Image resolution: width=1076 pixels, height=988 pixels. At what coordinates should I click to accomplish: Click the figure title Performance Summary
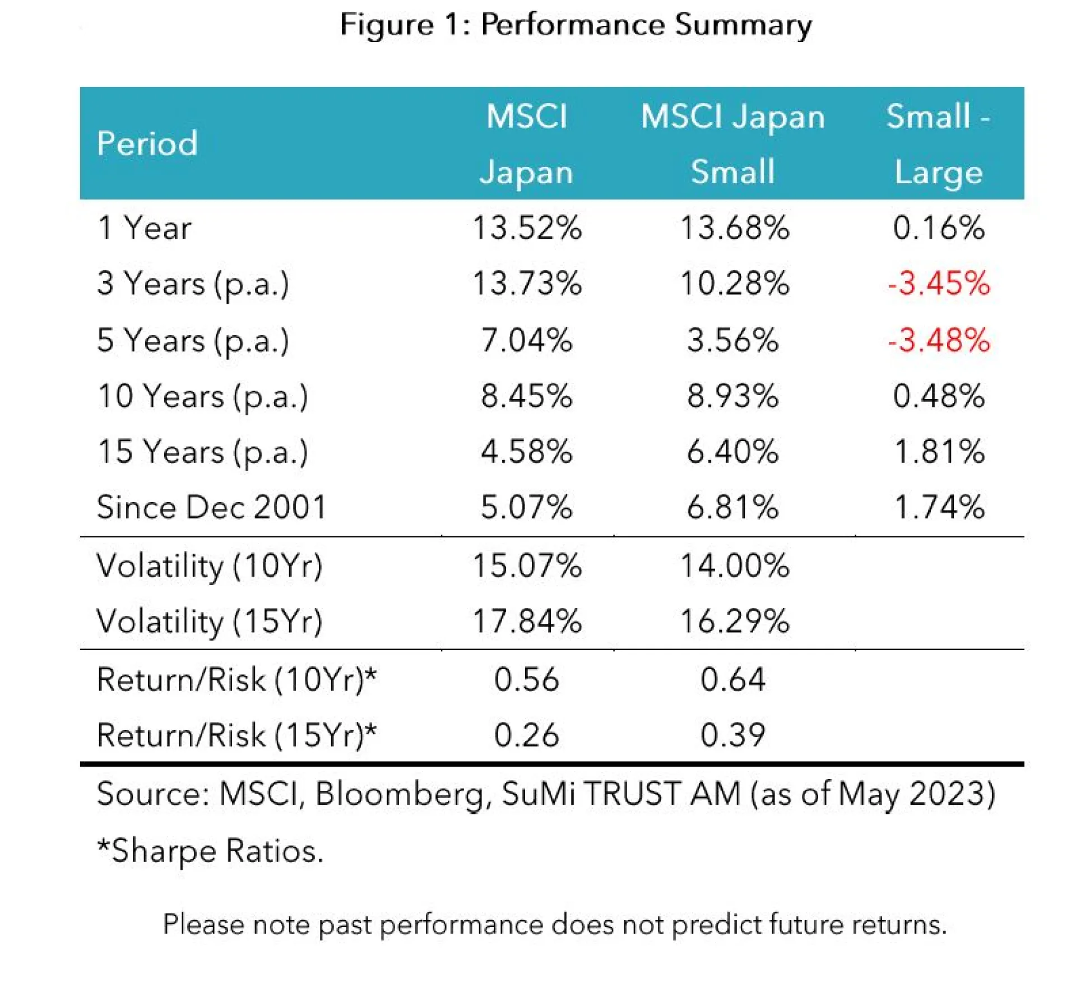point(576,25)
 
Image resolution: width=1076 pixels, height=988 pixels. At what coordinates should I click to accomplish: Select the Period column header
point(147,143)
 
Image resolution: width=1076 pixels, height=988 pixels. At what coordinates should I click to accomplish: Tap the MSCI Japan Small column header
point(732,144)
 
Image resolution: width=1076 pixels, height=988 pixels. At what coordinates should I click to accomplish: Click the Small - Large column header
point(939,144)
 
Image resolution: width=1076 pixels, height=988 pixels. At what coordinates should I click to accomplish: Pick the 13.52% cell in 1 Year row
point(527,228)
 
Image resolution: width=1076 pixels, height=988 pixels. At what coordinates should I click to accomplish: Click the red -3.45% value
point(939,284)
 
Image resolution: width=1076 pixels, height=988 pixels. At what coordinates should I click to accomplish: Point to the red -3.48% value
point(939,340)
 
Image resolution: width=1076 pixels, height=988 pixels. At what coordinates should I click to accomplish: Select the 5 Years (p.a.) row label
point(193,341)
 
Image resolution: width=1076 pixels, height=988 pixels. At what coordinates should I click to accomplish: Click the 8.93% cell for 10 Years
point(732,396)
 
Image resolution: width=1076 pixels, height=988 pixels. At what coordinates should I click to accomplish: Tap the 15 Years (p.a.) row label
point(202,452)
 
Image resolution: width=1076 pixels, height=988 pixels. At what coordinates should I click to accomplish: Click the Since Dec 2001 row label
point(211,508)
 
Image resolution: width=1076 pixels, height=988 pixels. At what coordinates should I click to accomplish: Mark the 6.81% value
point(732,508)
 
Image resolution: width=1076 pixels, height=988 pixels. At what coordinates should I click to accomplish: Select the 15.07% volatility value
point(527,565)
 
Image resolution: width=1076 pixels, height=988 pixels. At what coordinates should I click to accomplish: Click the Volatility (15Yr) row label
point(209,621)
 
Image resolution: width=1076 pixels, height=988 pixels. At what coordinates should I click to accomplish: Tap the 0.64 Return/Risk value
point(732,679)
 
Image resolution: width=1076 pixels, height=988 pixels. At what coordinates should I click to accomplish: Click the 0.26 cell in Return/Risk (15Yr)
point(526,735)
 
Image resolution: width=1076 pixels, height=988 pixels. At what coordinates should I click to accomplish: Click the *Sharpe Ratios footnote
point(210,851)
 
